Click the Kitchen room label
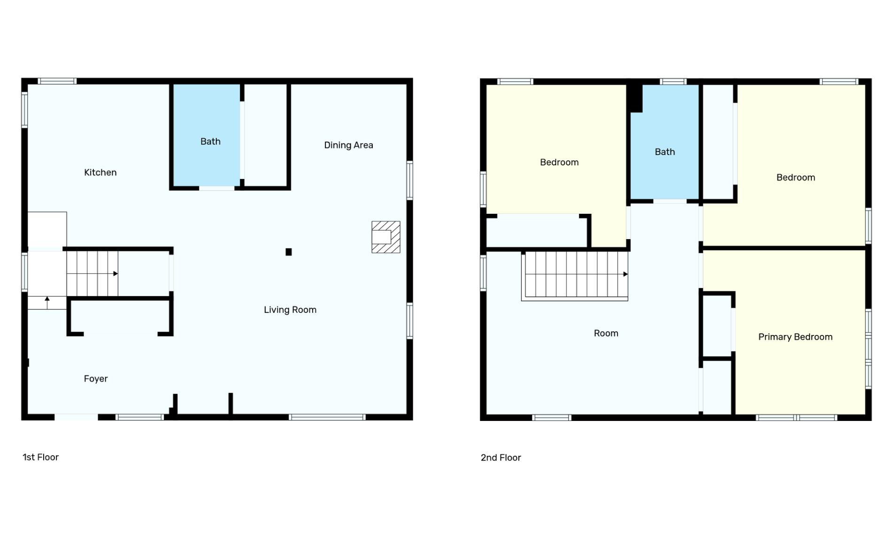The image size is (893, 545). tap(100, 172)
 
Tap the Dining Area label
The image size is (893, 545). tap(348, 145)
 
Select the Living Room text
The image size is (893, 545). tap(290, 310)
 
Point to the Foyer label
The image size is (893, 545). tap(96, 379)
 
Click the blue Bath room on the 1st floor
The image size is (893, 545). tap(207, 135)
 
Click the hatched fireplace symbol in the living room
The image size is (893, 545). tap(386, 237)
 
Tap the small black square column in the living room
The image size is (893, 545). tap(289, 252)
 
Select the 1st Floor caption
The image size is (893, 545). tap(40, 457)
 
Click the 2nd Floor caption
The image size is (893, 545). tap(500, 458)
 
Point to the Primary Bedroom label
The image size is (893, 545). tap(795, 337)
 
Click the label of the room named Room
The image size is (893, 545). tap(606, 333)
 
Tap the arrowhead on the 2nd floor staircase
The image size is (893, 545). tap(625, 274)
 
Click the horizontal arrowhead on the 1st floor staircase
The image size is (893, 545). tap(115, 273)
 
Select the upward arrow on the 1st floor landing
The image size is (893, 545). tap(47, 303)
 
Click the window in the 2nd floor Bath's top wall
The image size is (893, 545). tap(673, 82)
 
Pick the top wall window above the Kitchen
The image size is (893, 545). tap(57, 81)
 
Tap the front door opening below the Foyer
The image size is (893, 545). tap(76, 417)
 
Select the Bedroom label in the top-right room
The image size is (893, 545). tap(795, 178)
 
